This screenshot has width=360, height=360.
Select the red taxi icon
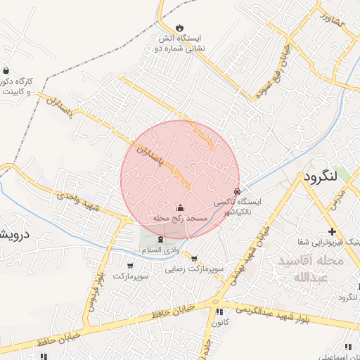pos(236,191)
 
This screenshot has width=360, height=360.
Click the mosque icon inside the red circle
pos(180,207)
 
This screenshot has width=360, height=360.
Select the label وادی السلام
pos(161,250)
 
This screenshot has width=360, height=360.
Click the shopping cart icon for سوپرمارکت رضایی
pos(194,258)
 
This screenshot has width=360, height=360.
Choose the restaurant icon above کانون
pos(219,311)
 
